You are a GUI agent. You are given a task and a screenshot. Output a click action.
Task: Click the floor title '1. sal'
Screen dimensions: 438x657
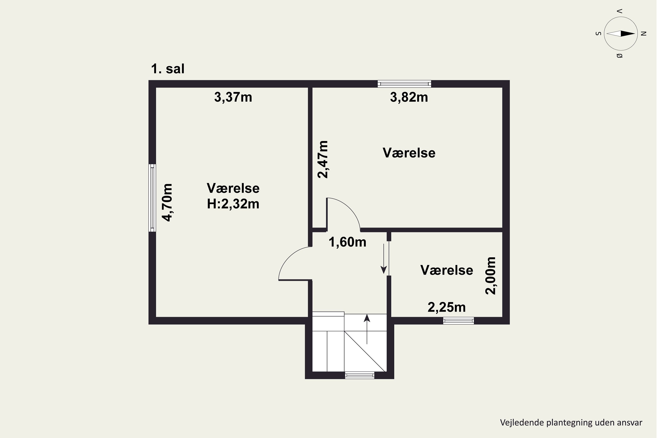pos(168,69)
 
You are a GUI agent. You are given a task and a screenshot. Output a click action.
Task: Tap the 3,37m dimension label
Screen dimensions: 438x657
pos(233,97)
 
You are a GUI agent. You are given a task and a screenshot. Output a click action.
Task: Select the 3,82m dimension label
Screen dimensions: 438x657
pos(409,97)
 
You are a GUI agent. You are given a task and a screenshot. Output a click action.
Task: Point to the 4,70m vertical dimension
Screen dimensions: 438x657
pos(167,203)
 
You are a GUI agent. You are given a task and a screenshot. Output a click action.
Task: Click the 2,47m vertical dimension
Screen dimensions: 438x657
pos(323,159)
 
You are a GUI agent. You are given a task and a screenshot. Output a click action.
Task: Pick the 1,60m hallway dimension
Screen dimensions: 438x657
pos(347,242)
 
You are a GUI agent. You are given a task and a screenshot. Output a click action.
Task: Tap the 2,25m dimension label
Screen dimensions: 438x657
pos(446,307)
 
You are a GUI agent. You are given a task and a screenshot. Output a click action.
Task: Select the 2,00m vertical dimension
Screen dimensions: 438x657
pos(490,276)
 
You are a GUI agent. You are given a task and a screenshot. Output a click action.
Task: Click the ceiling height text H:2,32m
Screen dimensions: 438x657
pos(233,204)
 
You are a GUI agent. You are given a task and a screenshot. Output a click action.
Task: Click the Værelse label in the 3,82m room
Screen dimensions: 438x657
pos(409,153)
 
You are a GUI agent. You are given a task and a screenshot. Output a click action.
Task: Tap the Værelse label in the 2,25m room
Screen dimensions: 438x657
pos(446,270)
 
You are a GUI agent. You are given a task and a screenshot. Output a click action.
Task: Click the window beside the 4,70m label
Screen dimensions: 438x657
pos(152,198)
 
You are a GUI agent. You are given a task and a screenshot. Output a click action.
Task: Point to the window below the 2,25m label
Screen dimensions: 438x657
pos(458,320)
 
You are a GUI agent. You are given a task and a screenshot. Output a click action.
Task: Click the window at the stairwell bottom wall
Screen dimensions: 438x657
pos(360,375)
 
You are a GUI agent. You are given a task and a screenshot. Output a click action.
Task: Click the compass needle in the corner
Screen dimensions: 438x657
pos(621,34)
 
